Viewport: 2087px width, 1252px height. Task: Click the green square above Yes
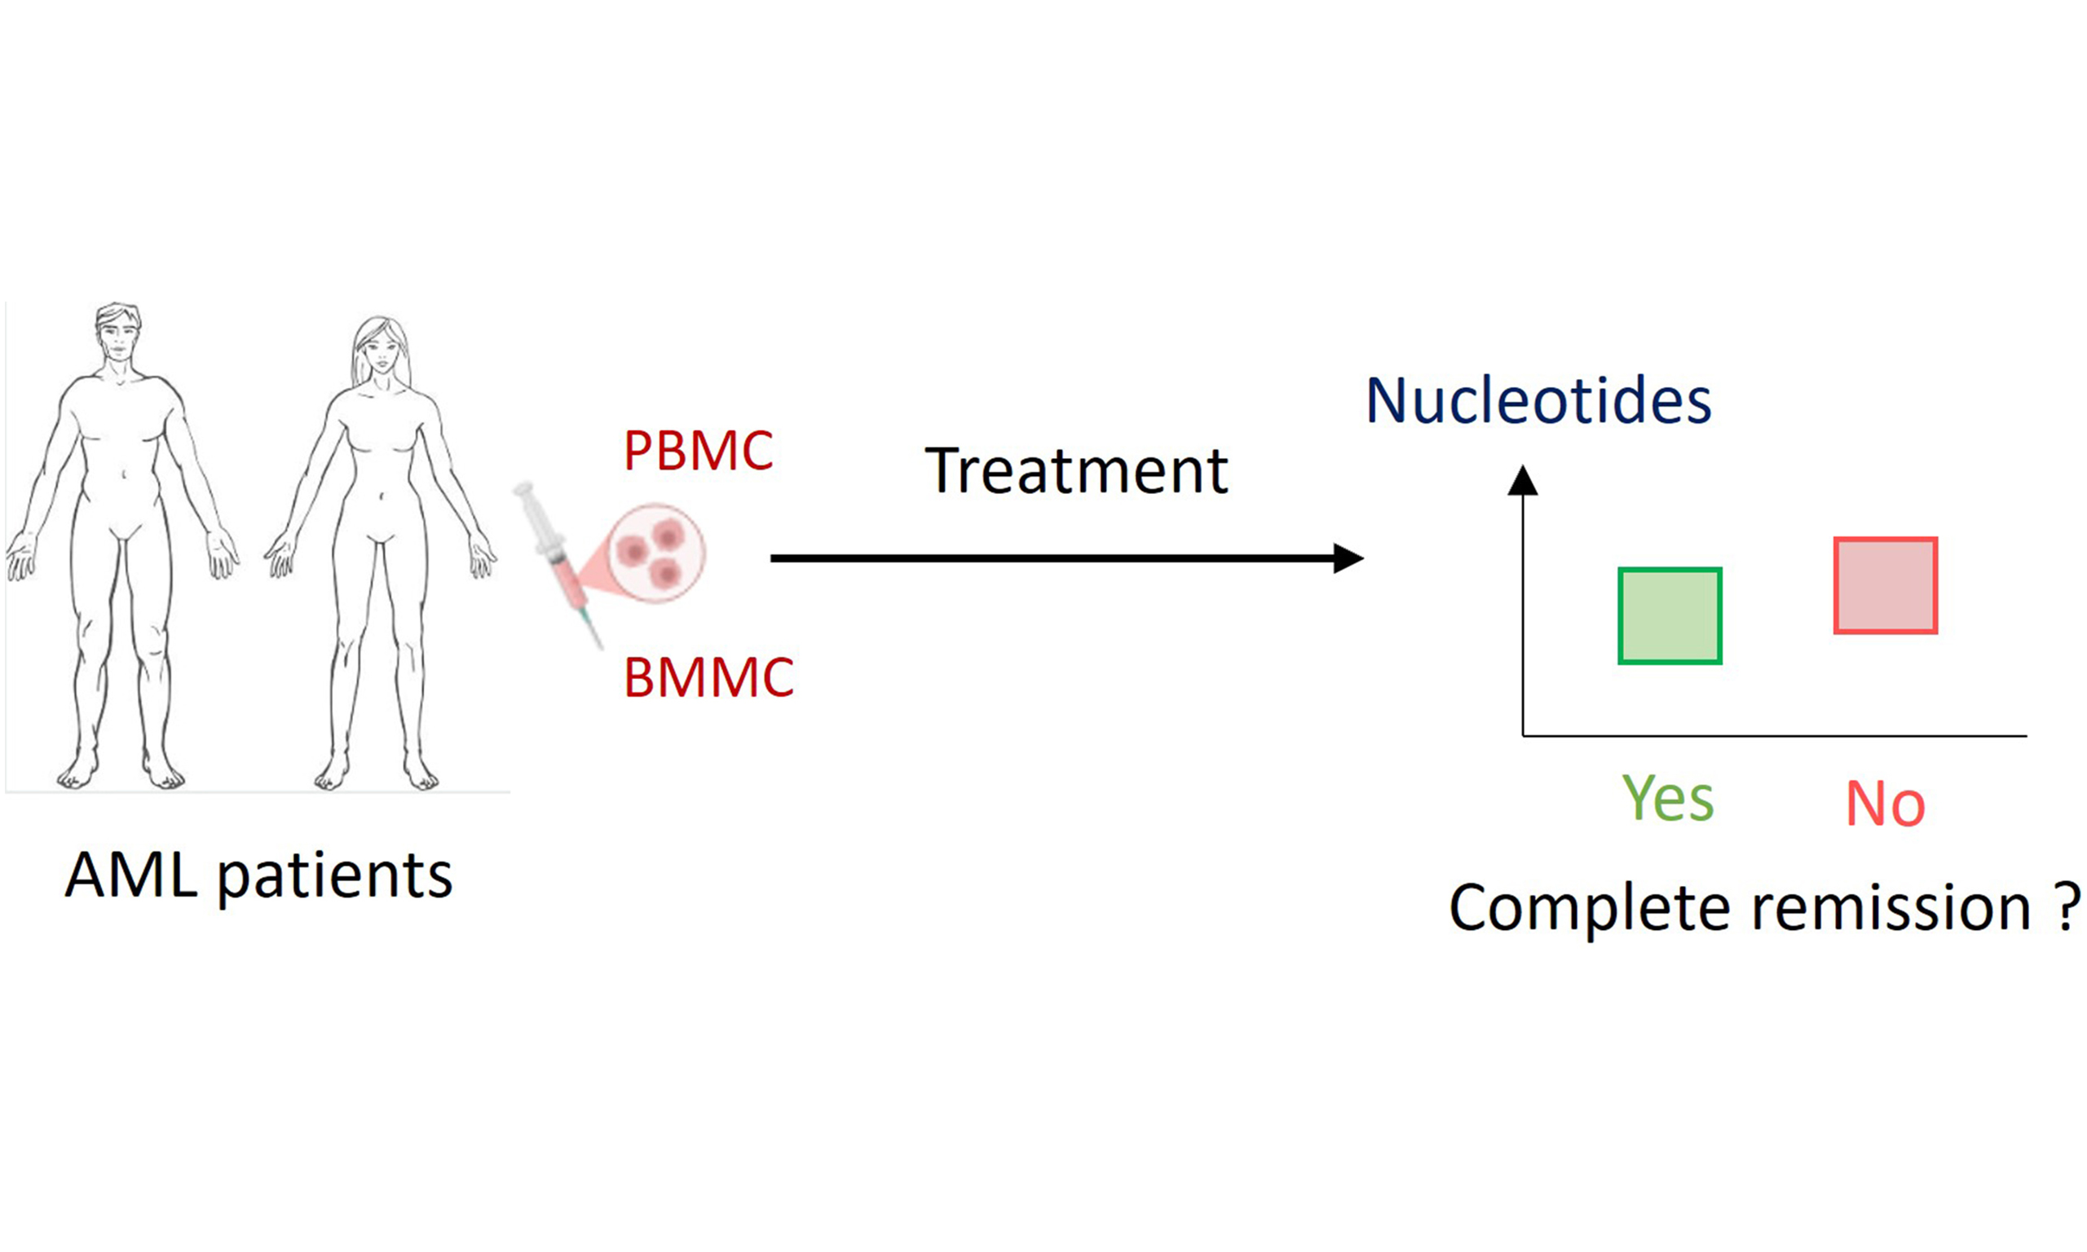1669,616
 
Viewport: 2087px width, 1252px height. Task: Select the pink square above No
1886,584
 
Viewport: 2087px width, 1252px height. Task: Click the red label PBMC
698,451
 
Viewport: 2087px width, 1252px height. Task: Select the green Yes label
1668,798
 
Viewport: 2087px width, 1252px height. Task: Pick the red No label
1886,803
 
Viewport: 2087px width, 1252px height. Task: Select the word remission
1891,908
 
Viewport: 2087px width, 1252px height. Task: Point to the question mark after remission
2066,906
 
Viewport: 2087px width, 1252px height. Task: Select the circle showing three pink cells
656,552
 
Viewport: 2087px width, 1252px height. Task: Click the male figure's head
117,334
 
